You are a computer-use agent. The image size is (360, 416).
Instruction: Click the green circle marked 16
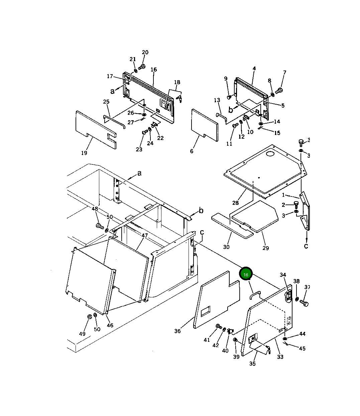(246, 274)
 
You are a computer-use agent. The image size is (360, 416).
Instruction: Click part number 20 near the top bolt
(145, 52)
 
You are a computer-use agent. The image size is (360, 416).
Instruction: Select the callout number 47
(144, 236)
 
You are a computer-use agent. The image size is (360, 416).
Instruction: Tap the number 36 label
(177, 331)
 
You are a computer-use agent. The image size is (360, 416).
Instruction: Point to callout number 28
(235, 203)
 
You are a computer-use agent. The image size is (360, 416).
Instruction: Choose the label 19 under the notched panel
(84, 153)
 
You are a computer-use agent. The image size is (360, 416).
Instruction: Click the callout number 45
(302, 349)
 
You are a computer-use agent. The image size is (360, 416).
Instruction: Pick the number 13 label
(217, 100)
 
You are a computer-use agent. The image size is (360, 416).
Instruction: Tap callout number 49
(82, 333)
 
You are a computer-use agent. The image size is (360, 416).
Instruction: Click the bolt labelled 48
(99, 226)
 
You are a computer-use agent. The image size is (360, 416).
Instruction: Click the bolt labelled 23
(145, 132)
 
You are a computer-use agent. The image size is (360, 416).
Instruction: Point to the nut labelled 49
(90, 317)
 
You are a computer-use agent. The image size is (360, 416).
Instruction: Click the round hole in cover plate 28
(270, 154)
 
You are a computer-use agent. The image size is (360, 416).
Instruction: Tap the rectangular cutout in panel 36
(206, 311)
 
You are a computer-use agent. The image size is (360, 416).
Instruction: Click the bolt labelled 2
(296, 204)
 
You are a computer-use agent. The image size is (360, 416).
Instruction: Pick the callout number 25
(106, 102)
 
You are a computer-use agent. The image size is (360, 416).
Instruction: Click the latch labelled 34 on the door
(288, 295)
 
